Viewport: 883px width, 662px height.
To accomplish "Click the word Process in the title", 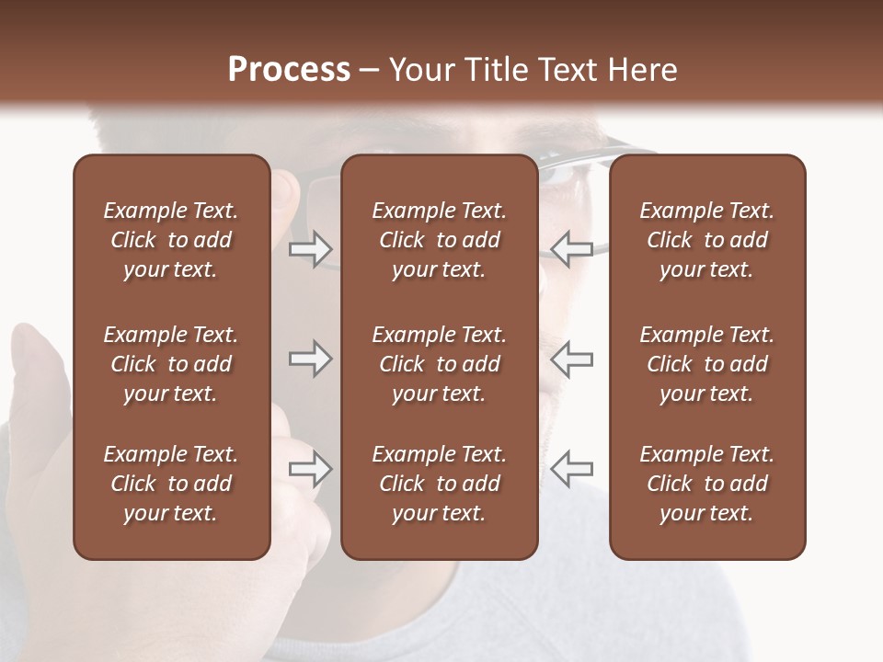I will (x=289, y=70).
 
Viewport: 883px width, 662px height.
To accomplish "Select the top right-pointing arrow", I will (x=311, y=249).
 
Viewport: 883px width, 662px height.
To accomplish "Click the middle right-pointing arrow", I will (x=311, y=360).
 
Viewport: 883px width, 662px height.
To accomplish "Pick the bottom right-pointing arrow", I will (x=311, y=470).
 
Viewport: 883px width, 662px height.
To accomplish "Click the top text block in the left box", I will (x=171, y=240).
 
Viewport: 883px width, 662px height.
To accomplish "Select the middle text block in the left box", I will (x=171, y=364).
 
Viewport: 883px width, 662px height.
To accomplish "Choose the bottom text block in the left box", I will (x=171, y=484).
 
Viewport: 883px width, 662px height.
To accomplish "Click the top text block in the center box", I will (x=439, y=240).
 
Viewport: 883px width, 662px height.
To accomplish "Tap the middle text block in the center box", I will (x=439, y=364).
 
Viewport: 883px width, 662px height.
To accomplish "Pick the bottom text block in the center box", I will (x=439, y=484).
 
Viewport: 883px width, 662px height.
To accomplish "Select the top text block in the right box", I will (x=706, y=240).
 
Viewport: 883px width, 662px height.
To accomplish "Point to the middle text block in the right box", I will (x=706, y=364).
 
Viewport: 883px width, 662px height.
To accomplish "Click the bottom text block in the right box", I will (x=706, y=484).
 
